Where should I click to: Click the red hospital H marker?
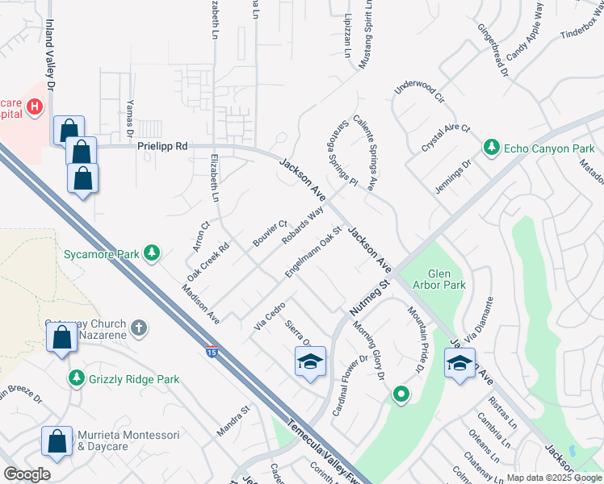click(x=34, y=106)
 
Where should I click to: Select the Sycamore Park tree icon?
click(x=150, y=254)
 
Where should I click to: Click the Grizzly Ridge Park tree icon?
click(x=76, y=377)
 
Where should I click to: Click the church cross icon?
click(x=139, y=328)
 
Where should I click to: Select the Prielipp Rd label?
click(x=161, y=146)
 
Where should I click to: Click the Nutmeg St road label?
click(x=370, y=298)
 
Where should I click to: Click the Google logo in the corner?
click(x=27, y=474)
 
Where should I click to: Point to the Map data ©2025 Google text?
click(x=554, y=478)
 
